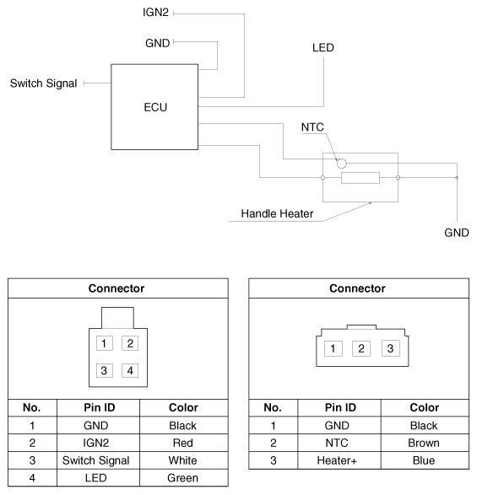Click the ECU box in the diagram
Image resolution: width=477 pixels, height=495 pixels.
(x=156, y=107)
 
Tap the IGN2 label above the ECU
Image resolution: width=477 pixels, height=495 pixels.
(x=156, y=13)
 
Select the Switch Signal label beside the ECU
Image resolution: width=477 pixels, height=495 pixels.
(x=43, y=83)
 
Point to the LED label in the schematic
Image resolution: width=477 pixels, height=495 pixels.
(x=323, y=48)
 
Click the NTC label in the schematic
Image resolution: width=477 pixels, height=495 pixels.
(x=312, y=127)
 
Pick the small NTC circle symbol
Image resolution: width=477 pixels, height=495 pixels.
(x=342, y=163)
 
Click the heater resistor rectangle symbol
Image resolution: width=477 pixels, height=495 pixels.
(x=360, y=178)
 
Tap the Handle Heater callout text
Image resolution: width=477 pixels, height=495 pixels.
(x=277, y=213)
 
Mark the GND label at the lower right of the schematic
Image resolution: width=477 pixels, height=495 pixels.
(x=456, y=232)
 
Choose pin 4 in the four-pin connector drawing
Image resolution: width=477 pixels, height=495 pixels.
(x=129, y=370)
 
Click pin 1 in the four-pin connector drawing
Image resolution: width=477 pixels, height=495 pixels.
(x=103, y=343)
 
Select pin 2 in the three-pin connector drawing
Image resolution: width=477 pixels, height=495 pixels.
(x=360, y=348)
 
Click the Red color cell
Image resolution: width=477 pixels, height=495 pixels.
(x=183, y=443)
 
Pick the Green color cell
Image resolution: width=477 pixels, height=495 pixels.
(x=183, y=478)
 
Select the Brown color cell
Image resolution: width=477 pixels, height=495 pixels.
(x=424, y=443)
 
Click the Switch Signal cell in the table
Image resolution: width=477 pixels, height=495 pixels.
(x=96, y=460)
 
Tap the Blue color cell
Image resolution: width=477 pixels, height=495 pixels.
(x=424, y=460)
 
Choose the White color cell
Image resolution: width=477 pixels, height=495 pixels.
(x=183, y=460)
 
